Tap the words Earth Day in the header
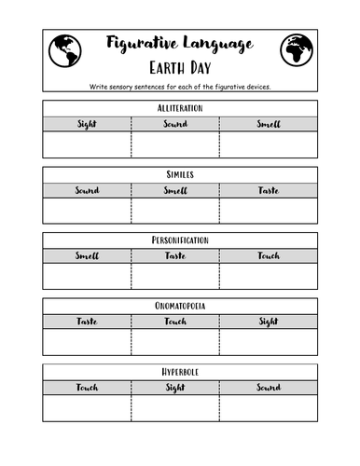pos(180,68)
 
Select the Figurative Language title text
pos(180,44)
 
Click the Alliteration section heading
pos(180,108)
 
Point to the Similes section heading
pos(180,174)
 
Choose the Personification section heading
pos(180,240)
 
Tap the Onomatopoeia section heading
pos(180,306)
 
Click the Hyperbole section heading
pos(180,371)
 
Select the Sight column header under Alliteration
pos(87,124)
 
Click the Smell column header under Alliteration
pos(269,124)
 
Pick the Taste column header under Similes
pos(269,190)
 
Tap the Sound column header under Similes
pos(87,190)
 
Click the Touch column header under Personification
pos(269,255)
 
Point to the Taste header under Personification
pos(176,255)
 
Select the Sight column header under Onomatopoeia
pos(269,322)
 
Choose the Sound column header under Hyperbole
pos(269,387)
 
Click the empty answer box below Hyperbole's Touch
pos(87,408)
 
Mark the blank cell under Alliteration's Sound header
pos(176,145)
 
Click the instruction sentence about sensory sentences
pos(180,87)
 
